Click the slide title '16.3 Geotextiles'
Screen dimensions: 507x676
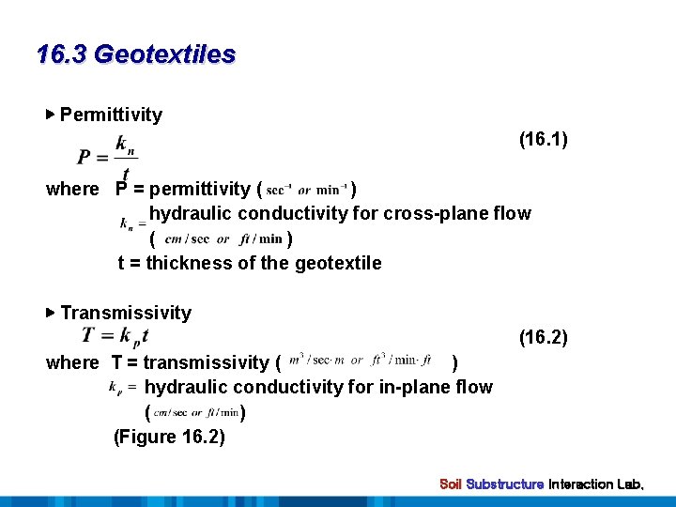[x=136, y=54]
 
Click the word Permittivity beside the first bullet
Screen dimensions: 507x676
[x=111, y=115]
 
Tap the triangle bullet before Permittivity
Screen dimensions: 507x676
[x=51, y=115]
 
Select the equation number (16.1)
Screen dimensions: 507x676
[x=544, y=140]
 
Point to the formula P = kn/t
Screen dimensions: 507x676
[x=108, y=156]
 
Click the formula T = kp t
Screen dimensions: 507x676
[x=115, y=335]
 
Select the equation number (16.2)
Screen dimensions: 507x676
[x=544, y=337]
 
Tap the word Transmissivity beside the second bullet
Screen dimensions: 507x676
[x=126, y=313]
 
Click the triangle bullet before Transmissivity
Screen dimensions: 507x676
[x=51, y=313]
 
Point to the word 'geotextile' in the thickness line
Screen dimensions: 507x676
[x=338, y=263]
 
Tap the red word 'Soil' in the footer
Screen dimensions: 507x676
[x=451, y=484]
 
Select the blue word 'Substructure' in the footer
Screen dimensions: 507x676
[x=505, y=484]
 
